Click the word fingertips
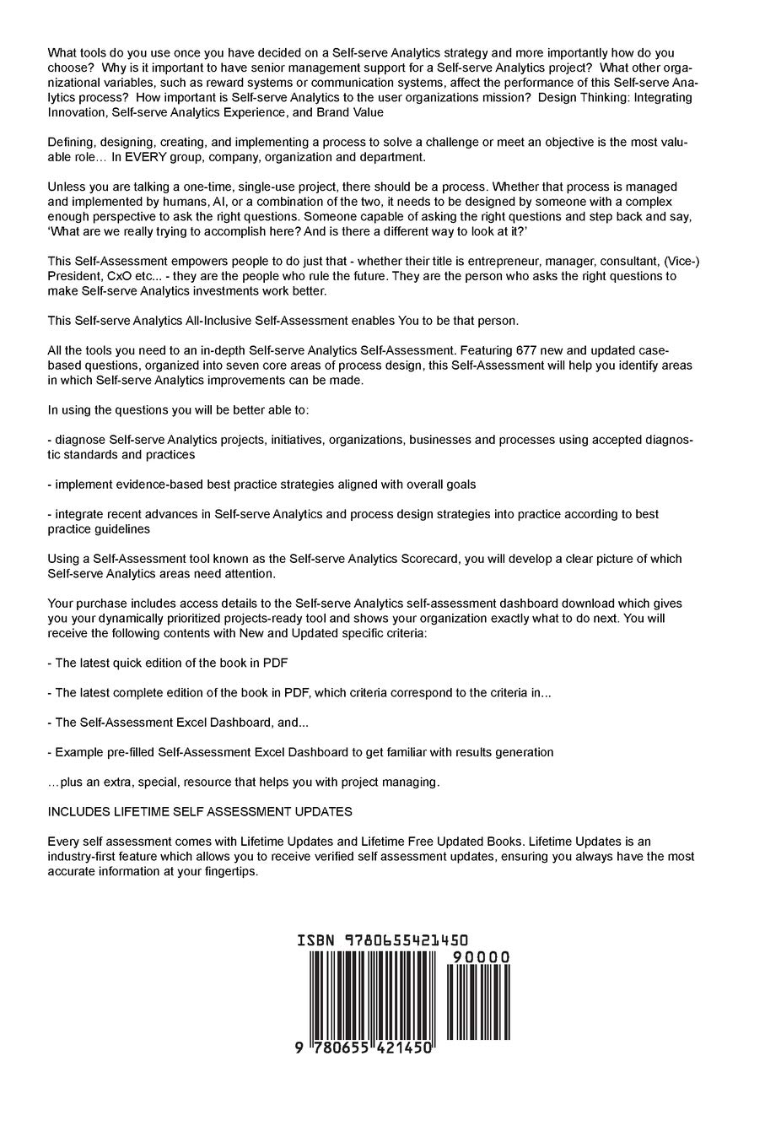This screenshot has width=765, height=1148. point(230,872)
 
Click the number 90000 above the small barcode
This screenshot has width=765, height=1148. point(481,957)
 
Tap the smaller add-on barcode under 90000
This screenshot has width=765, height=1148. point(477,1001)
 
